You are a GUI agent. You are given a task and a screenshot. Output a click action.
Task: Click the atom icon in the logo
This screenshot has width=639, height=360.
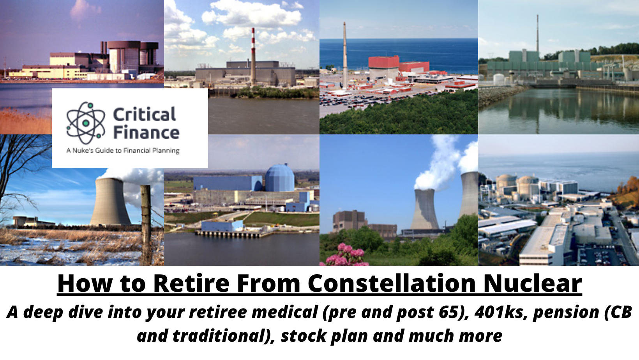86,123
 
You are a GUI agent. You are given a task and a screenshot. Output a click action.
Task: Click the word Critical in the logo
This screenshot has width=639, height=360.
145,115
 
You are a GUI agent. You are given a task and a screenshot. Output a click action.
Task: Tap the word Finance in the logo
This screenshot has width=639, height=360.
146,132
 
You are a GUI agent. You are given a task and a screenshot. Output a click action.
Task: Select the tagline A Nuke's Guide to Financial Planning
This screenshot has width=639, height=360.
123,150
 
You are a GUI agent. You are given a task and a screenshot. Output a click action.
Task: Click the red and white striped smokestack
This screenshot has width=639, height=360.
253,56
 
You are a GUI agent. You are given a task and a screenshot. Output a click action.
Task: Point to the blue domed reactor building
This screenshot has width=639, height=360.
280,178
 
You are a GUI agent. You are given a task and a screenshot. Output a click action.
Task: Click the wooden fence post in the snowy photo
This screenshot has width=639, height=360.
146,224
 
